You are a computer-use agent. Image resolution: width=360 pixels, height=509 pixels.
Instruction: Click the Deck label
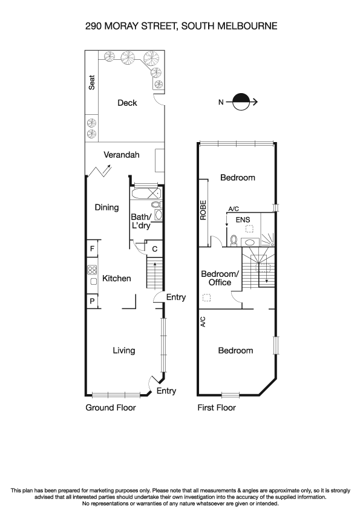pyautogui.click(x=127, y=103)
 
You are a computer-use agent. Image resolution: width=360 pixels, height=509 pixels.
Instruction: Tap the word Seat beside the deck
pyautogui.click(x=92, y=82)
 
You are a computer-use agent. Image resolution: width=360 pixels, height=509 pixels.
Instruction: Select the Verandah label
pyautogui.click(x=122, y=155)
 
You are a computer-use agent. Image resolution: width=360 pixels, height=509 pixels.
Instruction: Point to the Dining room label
pyautogui.click(x=106, y=207)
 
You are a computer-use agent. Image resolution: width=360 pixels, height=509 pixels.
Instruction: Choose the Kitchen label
pyautogui.click(x=116, y=279)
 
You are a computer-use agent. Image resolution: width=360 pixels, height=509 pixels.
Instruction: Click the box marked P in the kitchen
pyautogui.click(x=92, y=301)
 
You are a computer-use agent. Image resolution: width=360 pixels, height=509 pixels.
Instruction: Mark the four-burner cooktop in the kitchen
pyautogui.click(x=93, y=270)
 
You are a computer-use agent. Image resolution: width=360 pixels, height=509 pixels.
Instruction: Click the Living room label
pyautogui.click(x=124, y=351)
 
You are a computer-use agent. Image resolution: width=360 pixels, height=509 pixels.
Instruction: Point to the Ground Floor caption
pyautogui.click(x=111, y=408)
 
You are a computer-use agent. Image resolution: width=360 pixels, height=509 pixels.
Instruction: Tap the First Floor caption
pyautogui.click(x=217, y=408)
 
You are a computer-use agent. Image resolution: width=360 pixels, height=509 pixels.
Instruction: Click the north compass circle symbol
pyautogui.click(x=241, y=102)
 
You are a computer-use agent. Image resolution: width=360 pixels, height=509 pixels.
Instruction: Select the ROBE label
pyautogui.click(x=204, y=210)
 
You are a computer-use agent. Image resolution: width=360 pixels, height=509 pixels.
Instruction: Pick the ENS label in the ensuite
pyautogui.click(x=242, y=221)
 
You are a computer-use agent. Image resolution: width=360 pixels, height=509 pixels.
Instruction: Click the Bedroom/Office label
pyautogui.click(x=220, y=278)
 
